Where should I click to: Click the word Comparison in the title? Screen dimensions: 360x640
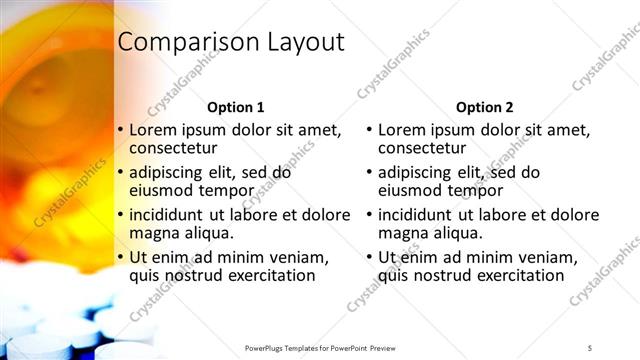coord(186,42)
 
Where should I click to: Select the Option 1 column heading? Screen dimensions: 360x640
coord(235,107)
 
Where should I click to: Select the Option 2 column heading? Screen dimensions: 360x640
coord(485,107)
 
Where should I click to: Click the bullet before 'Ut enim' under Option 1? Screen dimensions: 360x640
coord(121,258)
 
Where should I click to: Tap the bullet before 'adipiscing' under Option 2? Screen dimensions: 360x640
coord(370,173)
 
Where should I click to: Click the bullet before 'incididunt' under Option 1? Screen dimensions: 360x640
coord(121,215)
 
